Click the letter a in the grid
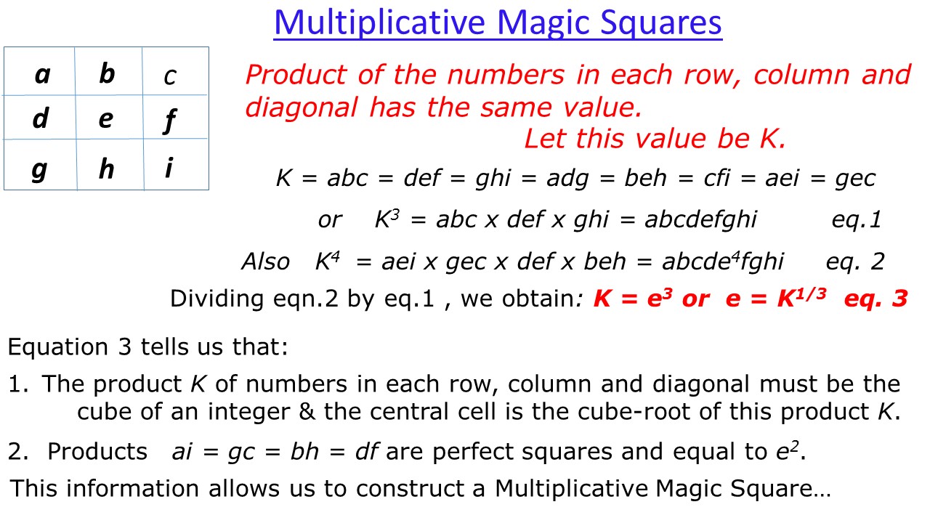pos(42,74)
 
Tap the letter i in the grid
pos(169,169)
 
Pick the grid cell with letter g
pos(40,169)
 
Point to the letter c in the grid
pos(169,76)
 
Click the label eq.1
pos(856,220)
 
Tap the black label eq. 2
pos(855,261)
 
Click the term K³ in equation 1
pos(387,219)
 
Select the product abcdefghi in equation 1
pos(700,220)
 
